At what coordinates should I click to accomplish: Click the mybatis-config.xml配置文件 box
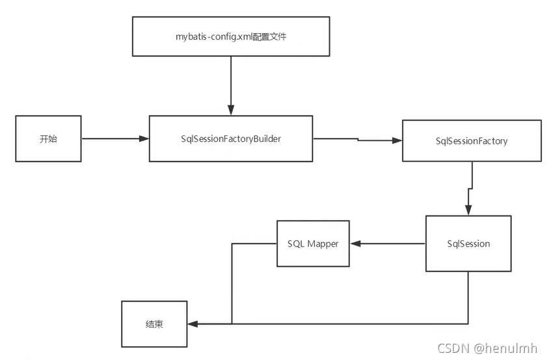[x=231, y=37]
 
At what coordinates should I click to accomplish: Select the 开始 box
[x=48, y=139]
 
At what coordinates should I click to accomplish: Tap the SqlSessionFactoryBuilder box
[x=231, y=139]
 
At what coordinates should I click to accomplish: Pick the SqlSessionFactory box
[x=472, y=141]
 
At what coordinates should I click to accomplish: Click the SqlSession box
[x=468, y=243]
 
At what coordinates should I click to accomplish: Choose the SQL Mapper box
[x=313, y=243]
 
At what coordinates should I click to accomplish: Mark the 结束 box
[x=154, y=324]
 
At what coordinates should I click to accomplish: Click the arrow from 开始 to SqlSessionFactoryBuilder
[x=114, y=139]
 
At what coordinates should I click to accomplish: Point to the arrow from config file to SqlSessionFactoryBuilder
[x=231, y=85]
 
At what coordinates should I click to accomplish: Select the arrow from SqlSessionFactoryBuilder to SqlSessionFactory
[x=358, y=139]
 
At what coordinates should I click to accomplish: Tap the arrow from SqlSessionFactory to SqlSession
[x=470, y=189]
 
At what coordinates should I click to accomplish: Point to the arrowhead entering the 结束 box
[x=193, y=324]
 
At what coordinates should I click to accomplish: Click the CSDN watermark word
[x=454, y=348]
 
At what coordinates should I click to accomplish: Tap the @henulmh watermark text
[x=507, y=348]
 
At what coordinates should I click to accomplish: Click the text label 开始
[x=48, y=139]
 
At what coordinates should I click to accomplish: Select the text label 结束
[x=154, y=324]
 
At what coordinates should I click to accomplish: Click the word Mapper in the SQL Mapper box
[x=323, y=243]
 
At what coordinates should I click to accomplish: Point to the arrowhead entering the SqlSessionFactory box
[x=397, y=141]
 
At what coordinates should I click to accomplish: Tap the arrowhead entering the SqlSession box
[x=468, y=210]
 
